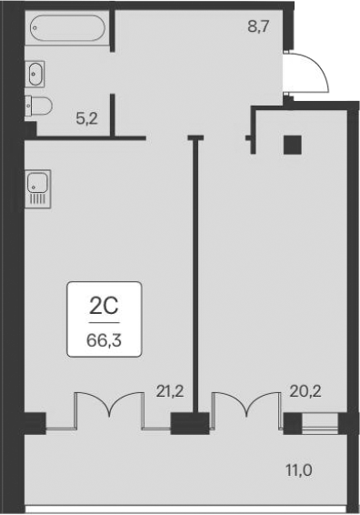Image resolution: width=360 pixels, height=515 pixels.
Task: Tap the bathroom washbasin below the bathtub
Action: [37, 71]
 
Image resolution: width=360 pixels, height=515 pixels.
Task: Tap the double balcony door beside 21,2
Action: [110, 409]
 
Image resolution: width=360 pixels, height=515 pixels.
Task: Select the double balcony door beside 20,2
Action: [245, 409]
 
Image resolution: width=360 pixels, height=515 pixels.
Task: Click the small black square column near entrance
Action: [292, 145]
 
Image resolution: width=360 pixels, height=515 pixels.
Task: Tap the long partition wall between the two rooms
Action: [194, 273]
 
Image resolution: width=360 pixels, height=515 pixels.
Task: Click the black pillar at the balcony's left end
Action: [34, 423]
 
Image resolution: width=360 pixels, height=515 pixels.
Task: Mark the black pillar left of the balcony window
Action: [293, 423]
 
